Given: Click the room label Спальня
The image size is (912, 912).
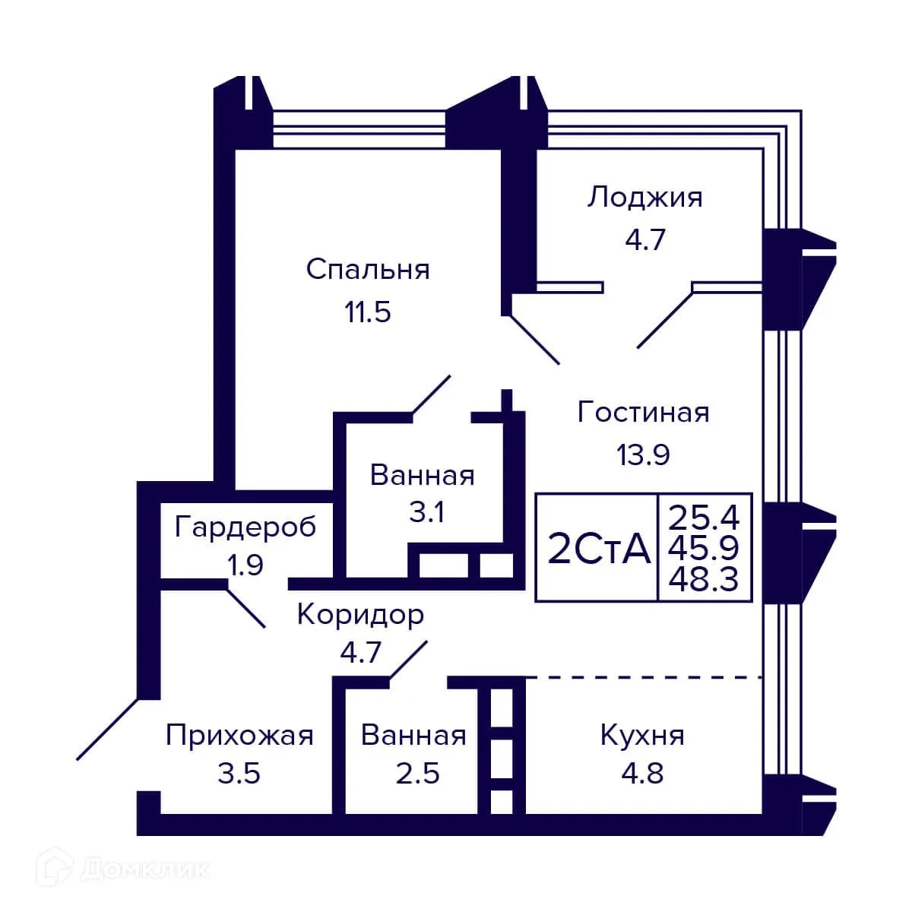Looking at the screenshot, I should click(368, 269).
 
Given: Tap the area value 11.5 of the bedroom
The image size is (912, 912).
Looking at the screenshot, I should click(368, 312).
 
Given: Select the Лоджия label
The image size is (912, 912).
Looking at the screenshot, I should click(644, 198).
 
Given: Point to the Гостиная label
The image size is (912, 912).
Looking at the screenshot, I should click(643, 412).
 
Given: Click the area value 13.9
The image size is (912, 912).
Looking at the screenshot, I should click(643, 454).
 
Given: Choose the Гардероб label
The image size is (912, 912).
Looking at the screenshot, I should click(245, 526).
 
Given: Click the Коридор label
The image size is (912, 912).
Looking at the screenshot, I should click(360, 614).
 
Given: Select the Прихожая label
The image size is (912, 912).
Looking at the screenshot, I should click(239, 736).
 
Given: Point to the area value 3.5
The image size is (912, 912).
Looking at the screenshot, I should click(239, 774).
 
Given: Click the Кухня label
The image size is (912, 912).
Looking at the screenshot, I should click(642, 736).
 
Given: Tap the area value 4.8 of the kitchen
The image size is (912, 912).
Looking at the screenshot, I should click(642, 774).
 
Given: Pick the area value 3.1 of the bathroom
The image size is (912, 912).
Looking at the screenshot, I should click(426, 512).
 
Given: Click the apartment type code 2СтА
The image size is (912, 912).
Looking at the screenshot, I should click(598, 549).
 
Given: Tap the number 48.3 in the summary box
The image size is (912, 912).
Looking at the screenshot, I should click(704, 581).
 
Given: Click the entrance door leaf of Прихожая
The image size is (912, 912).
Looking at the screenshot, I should click(108, 729).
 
